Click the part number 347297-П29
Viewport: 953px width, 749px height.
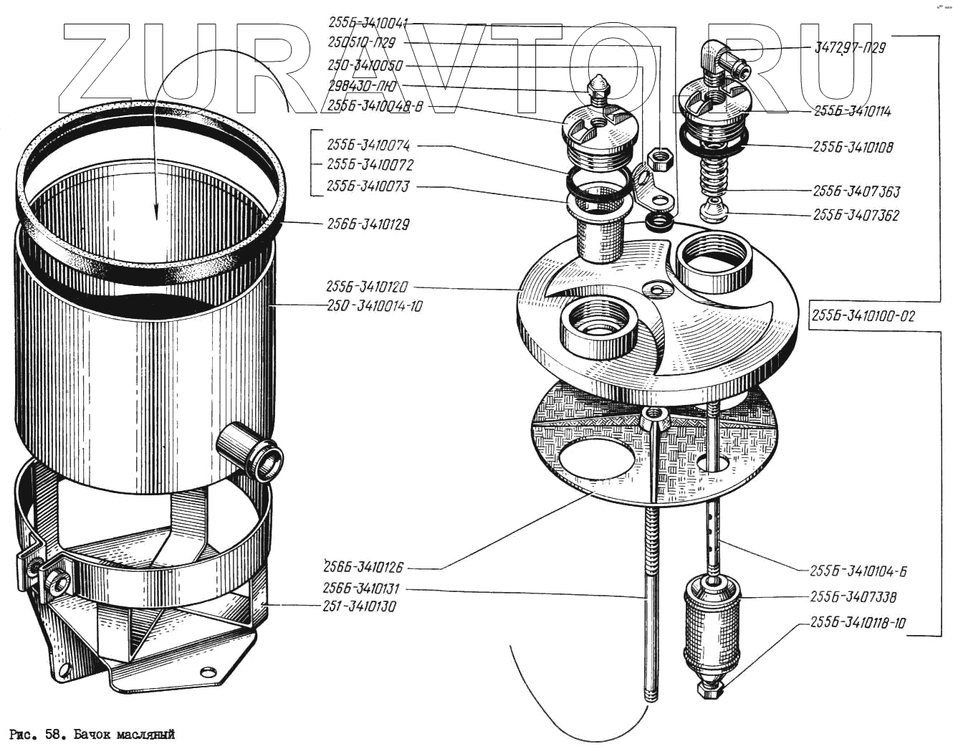click(x=850, y=48)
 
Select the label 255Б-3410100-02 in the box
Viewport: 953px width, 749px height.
click(x=863, y=316)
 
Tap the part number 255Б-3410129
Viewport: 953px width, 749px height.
click(x=368, y=224)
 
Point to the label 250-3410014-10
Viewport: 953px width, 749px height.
click(x=374, y=306)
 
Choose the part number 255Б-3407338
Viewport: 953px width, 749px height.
click(x=853, y=597)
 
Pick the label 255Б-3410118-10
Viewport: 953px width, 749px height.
click(x=858, y=623)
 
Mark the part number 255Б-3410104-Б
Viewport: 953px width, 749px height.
click(x=858, y=571)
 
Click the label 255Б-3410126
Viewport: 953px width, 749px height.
click(x=363, y=567)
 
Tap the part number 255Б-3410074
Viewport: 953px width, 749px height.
click(x=368, y=146)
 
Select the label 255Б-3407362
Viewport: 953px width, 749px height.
click(x=856, y=215)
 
